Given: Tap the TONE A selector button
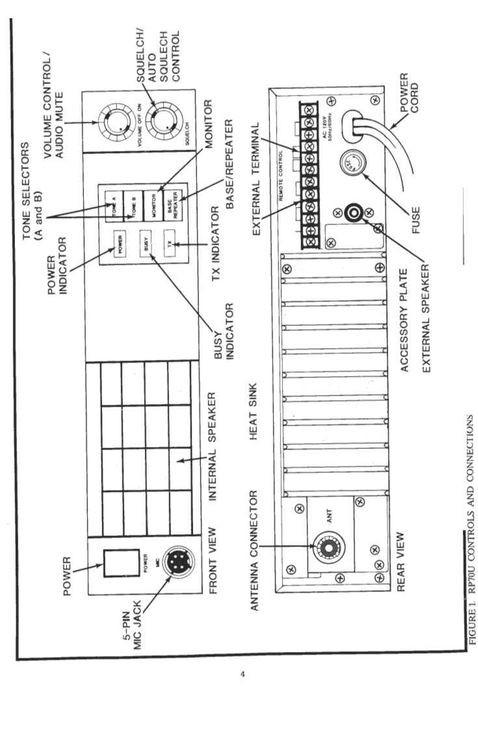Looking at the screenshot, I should point(109,201).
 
